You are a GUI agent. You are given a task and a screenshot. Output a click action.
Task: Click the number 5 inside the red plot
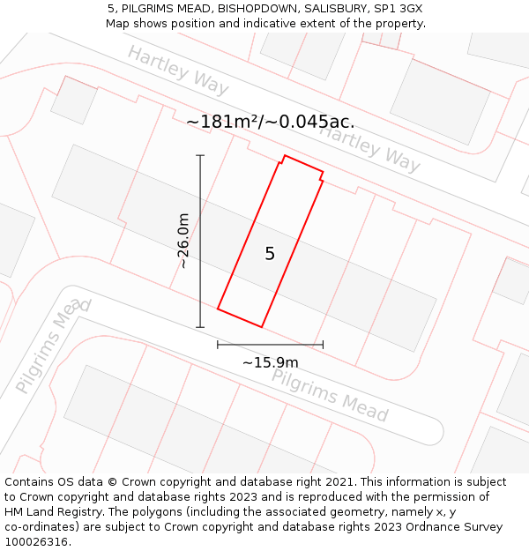pos(270,254)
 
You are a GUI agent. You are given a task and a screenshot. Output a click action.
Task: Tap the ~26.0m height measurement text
pos(183,241)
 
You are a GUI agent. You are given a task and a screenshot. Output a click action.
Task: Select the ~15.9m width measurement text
pos(270,362)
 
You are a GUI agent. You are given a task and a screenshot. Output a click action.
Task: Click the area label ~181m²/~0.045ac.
pos(270,122)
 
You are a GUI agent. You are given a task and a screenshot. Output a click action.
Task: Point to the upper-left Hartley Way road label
pos(178,70)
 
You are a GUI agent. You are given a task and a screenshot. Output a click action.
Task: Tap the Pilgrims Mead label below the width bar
pos(330,394)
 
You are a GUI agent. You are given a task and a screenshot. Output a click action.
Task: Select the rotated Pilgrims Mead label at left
pos(53,346)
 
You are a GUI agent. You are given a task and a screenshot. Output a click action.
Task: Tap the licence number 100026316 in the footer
pos(36,541)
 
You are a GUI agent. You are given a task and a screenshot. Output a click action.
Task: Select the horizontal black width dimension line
pos(270,344)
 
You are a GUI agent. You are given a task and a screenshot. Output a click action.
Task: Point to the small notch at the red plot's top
pos(283,160)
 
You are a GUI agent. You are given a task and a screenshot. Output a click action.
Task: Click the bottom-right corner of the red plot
pos(262,327)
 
